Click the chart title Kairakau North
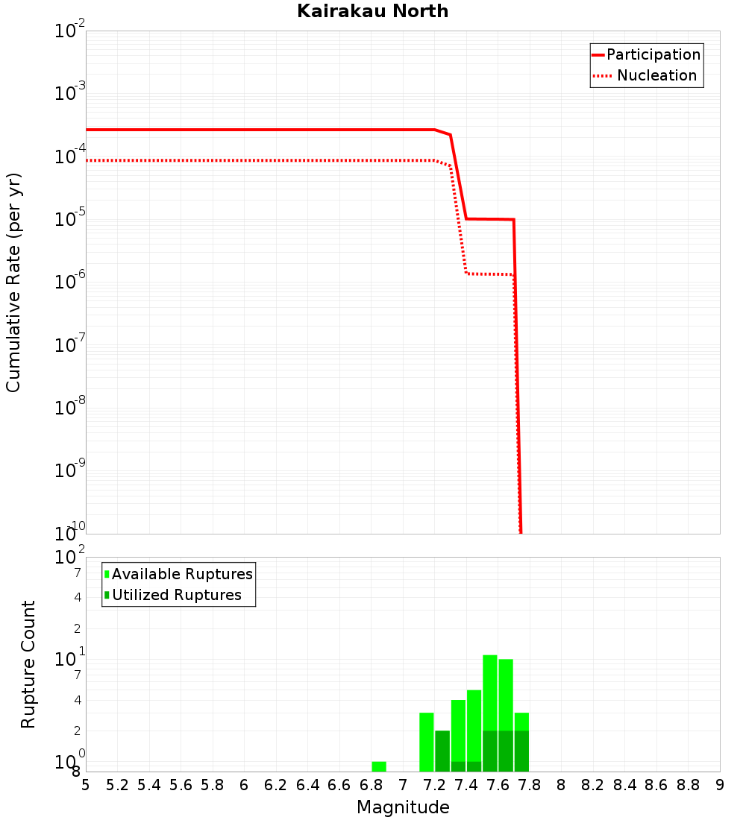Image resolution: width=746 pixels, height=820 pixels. tap(372, 11)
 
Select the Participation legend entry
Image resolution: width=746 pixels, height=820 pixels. tap(653, 54)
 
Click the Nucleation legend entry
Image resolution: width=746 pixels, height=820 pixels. tap(656, 75)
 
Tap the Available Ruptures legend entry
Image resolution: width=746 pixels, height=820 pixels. tap(182, 574)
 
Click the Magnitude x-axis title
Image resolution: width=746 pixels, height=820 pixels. tap(403, 807)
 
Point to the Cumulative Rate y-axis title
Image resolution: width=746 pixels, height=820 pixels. tap(13, 283)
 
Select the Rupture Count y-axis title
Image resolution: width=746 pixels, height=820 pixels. tap(28, 664)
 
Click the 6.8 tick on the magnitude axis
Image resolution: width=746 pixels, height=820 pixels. tap(371, 785)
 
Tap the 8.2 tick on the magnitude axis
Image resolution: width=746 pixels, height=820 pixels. tap(593, 785)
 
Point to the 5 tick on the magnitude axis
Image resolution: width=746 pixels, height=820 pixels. tap(86, 785)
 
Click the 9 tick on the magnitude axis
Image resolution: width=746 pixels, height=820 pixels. tap(720, 785)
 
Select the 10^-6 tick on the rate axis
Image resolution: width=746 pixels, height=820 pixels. tap(69, 282)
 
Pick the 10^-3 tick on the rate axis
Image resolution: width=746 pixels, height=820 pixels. tap(69, 93)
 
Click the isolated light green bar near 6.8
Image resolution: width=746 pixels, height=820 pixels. tap(379, 766)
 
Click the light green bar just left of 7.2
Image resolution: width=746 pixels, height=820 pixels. tap(427, 742)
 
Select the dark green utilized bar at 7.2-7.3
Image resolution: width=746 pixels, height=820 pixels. tap(442, 751)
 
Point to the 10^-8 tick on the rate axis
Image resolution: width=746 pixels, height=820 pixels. tap(69, 408)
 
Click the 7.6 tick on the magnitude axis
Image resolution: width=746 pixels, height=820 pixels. tap(498, 785)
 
